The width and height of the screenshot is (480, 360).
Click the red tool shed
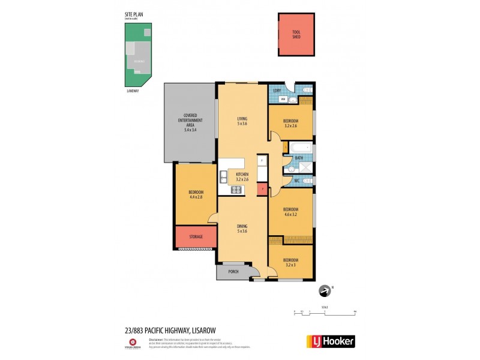point(296,34)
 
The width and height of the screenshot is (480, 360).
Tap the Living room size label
point(241,123)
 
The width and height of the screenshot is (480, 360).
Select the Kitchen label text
point(242,174)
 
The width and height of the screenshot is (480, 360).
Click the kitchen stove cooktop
point(236,191)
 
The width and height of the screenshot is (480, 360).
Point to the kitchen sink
point(223,176)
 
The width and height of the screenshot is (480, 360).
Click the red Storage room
point(196,236)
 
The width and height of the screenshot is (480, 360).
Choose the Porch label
point(233,272)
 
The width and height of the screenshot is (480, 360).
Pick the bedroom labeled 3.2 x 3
point(290,262)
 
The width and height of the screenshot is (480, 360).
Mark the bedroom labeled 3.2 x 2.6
point(290,123)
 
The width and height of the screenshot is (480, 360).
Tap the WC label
point(296,180)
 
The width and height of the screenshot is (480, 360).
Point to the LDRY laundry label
point(277,91)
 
